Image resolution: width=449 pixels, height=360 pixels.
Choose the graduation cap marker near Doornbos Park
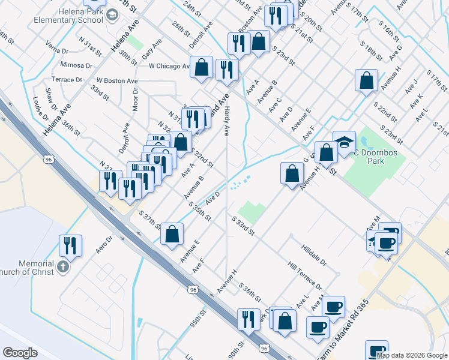click(x=344, y=143)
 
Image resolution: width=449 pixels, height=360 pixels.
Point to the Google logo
click(x=20, y=353)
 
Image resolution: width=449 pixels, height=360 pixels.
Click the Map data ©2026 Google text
click(x=411, y=355)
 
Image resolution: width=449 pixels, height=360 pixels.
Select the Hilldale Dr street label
click(x=314, y=247)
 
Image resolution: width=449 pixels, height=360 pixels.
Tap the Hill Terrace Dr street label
click(x=304, y=275)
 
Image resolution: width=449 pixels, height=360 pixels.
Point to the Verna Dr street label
click(x=58, y=47)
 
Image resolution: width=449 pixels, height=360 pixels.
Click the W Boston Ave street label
click(x=118, y=80)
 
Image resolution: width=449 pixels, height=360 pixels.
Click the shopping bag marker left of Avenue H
click(x=291, y=174)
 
